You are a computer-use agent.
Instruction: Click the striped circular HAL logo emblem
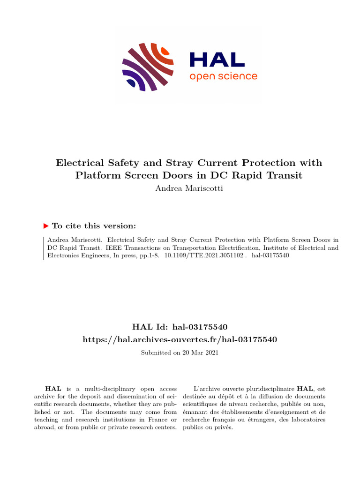(148, 67)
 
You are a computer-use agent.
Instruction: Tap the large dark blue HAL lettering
(217, 60)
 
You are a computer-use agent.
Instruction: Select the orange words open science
(223, 76)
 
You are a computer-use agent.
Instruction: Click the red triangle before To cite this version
(46, 226)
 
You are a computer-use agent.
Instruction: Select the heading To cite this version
(94, 226)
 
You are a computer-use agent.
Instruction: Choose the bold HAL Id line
(180, 327)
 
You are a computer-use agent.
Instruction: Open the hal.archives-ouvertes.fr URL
(180, 339)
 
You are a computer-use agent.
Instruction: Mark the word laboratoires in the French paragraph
(308, 420)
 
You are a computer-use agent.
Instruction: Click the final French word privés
(224, 428)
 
